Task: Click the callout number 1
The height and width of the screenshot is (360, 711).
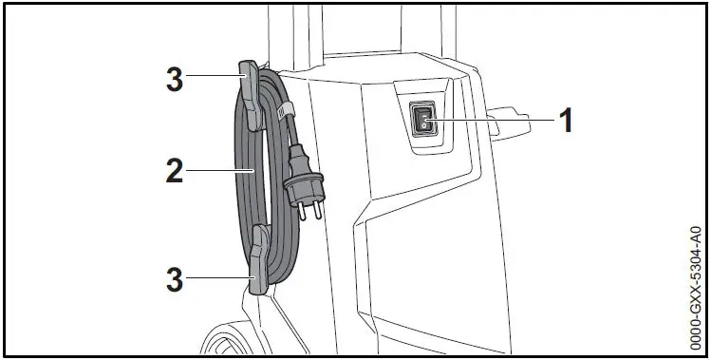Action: click(x=566, y=121)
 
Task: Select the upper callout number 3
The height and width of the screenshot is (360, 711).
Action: click(x=174, y=80)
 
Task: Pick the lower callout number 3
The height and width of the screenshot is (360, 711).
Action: click(x=174, y=281)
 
